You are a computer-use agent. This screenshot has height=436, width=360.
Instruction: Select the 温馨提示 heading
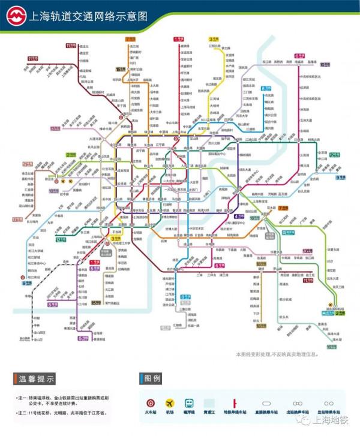[x=38, y=379]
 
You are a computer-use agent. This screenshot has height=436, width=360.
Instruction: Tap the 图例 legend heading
[x=152, y=379]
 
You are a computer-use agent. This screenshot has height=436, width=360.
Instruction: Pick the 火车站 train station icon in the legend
[x=149, y=402]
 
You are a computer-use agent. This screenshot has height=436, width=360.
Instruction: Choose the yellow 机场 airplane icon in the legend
[x=169, y=402]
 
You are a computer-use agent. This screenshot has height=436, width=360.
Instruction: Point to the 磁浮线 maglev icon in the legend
[x=190, y=402]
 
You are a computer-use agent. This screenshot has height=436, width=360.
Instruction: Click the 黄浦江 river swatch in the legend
[x=209, y=402]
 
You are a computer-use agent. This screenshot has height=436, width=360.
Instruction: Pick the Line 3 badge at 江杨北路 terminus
[x=214, y=39]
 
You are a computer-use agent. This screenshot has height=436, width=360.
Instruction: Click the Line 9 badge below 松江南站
[x=26, y=282]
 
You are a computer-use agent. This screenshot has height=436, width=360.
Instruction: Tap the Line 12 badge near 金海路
[x=334, y=155]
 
